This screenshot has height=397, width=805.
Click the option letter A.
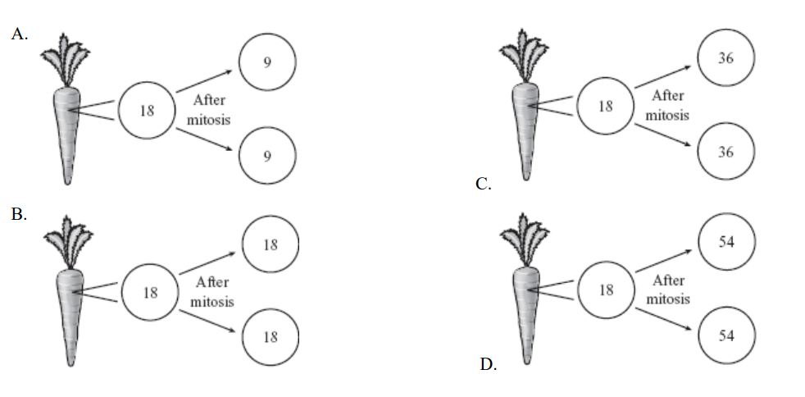[19, 35]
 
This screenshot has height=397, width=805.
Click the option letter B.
[19, 215]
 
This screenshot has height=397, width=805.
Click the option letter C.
[484, 185]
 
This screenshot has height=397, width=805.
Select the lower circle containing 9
[267, 156]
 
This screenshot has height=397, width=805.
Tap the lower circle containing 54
[725, 335]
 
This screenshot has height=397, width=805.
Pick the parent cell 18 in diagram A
[147, 111]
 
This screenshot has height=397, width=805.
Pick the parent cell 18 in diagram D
[606, 290]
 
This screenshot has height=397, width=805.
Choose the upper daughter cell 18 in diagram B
[271, 244]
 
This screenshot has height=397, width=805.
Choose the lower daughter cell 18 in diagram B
[271, 336]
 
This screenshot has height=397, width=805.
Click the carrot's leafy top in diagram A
[66, 57]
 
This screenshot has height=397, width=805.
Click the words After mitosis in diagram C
[667, 105]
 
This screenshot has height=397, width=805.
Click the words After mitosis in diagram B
[211, 291]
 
